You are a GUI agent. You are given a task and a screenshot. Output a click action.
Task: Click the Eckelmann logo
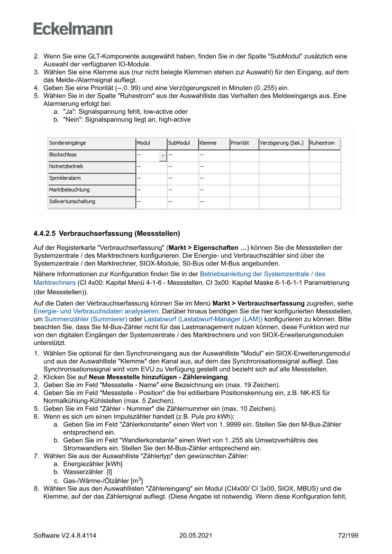point(73,28)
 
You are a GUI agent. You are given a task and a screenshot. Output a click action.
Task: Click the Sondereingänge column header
point(68,143)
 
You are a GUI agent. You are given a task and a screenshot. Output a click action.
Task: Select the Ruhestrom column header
point(322,143)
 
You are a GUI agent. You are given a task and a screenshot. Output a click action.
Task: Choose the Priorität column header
point(240,143)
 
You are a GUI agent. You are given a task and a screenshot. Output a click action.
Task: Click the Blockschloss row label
point(63,155)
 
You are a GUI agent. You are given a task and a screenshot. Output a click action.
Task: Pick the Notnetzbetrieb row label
point(66,166)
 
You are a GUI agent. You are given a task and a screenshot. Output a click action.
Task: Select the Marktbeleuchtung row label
point(69,190)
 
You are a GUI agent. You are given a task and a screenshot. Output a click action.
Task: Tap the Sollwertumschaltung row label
point(72,201)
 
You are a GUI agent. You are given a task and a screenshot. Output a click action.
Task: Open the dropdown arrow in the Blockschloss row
point(163,155)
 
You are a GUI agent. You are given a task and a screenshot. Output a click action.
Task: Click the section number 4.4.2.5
point(45,234)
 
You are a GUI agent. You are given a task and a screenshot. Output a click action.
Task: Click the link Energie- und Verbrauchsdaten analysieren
point(96,311)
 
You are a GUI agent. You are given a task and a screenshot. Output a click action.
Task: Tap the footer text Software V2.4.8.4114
point(65,536)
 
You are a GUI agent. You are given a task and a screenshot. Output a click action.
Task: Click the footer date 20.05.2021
point(196,536)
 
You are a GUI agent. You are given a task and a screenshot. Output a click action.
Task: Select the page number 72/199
point(347,536)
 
